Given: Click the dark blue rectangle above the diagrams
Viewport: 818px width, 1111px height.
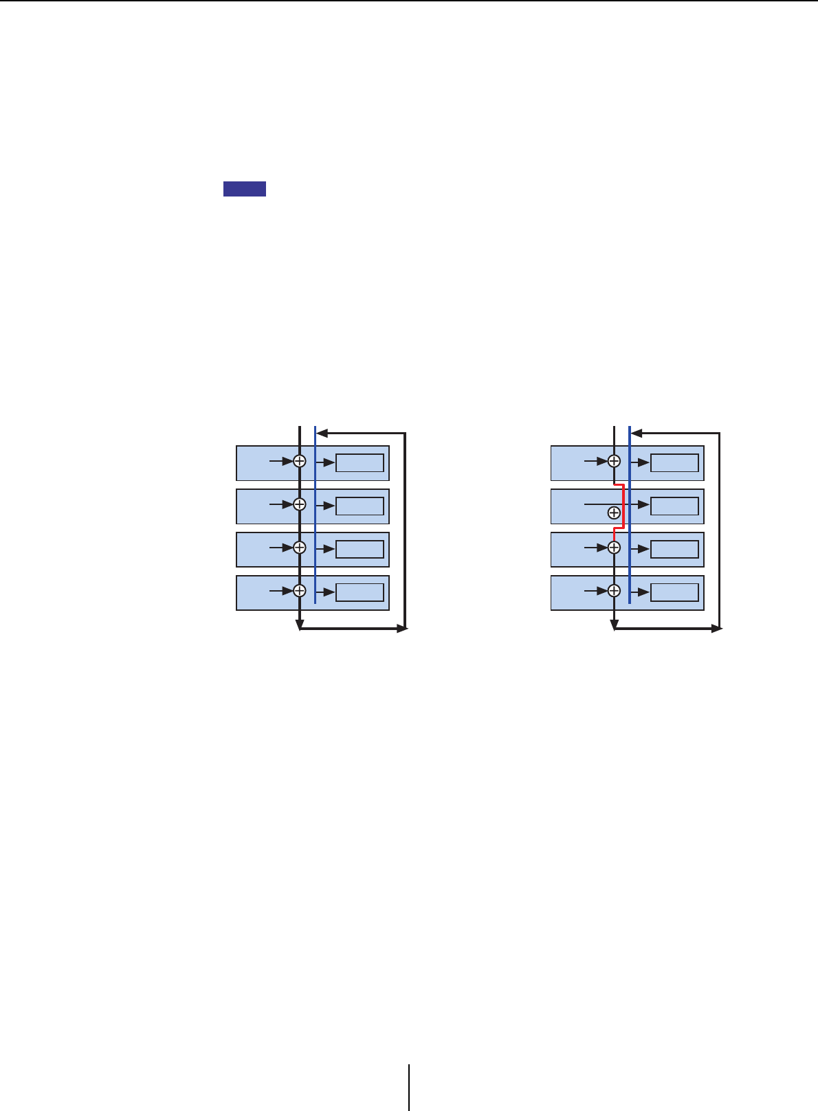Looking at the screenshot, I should (x=244, y=189).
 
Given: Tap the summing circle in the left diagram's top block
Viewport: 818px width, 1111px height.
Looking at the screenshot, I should (x=300, y=462).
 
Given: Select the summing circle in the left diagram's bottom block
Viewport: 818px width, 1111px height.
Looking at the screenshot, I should (x=300, y=591).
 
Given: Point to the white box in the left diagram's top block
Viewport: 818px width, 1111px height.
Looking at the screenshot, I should (x=360, y=463).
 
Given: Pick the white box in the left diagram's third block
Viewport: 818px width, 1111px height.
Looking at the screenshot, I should (x=360, y=550).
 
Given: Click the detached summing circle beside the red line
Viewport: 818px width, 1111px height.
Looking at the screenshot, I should (x=614, y=513).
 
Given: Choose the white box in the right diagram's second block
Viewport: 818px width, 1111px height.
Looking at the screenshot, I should (x=674, y=506).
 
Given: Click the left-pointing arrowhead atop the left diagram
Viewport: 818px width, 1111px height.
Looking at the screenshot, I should (x=322, y=434).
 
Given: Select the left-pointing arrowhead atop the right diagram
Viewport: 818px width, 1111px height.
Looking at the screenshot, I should (x=637, y=434).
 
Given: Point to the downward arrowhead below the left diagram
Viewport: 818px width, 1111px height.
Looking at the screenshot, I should (x=300, y=625).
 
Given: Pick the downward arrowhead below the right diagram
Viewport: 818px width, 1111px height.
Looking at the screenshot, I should (x=615, y=625).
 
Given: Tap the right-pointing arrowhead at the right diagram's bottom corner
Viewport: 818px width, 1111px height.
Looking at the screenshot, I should (x=716, y=628).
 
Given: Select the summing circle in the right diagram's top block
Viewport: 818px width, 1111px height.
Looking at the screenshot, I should (x=615, y=462).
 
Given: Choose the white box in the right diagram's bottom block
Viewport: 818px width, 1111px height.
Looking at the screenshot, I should (x=674, y=592).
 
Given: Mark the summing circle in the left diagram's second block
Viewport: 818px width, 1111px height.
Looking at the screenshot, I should (x=300, y=504).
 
